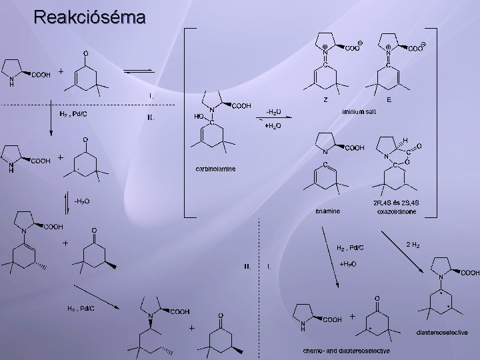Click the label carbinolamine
(215, 169)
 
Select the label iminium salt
(359, 111)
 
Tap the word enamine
(328, 211)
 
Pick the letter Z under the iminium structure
(325, 100)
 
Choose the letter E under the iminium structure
(389, 100)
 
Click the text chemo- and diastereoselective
(346, 351)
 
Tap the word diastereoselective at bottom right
(442, 332)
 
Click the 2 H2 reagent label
(413, 245)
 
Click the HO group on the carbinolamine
(198, 115)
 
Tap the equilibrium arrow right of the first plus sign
(140, 71)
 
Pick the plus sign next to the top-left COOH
(61, 71)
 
